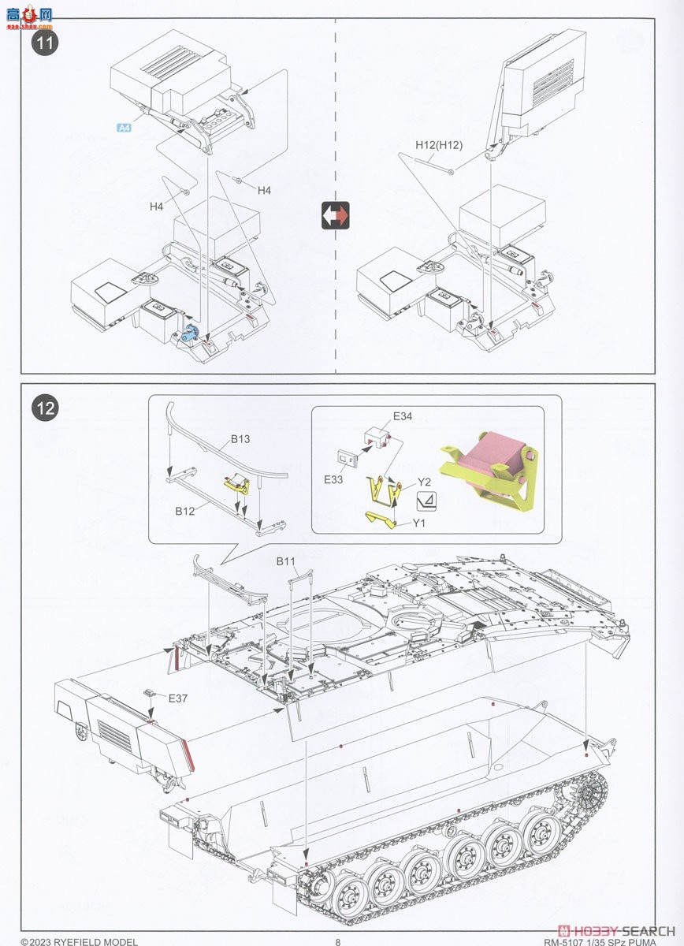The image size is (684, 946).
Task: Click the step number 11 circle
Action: click(x=46, y=43)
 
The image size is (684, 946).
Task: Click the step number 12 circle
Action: click(x=46, y=408)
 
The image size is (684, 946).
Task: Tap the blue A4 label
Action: click(x=124, y=128)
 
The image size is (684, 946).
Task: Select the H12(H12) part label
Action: click(x=439, y=145)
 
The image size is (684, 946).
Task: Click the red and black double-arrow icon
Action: click(x=335, y=215)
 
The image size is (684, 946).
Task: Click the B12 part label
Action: click(x=185, y=511)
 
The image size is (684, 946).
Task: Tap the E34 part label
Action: click(x=403, y=416)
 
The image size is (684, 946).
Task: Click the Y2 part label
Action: click(x=425, y=482)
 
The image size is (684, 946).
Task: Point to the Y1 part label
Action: click(x=418, y=521)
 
